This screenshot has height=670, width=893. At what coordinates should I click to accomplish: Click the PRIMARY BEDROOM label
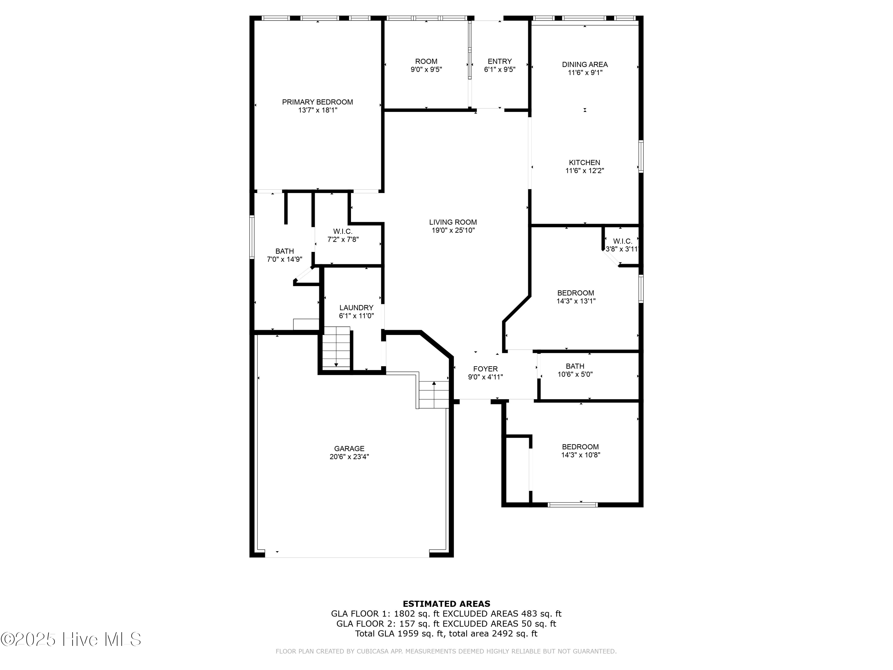coord(317,102)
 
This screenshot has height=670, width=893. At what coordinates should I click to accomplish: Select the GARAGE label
coord(349,449)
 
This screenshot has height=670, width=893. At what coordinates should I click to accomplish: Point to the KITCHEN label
coord(584,163)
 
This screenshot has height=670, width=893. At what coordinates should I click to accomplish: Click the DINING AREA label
coord(585,65)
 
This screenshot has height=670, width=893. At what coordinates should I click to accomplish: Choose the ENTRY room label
coord(499,61)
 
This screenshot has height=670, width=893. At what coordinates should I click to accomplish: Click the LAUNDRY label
coord(356,308)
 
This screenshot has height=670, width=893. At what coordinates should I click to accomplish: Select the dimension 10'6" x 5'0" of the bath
coord(575,374)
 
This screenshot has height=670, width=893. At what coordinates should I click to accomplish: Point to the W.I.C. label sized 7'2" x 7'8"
coord(343,231)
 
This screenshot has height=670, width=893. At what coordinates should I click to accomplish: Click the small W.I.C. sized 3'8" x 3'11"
coord(622,241)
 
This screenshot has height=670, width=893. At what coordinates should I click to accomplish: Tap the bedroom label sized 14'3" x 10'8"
coord(580,447)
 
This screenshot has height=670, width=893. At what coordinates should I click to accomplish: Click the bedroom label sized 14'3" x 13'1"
coord(575,293)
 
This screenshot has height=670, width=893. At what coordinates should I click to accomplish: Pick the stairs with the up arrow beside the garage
coord(434,395)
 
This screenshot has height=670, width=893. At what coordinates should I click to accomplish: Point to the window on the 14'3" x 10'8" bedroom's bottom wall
coord(572,504)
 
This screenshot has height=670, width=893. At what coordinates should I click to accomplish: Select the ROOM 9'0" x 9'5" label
coord(426,61)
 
